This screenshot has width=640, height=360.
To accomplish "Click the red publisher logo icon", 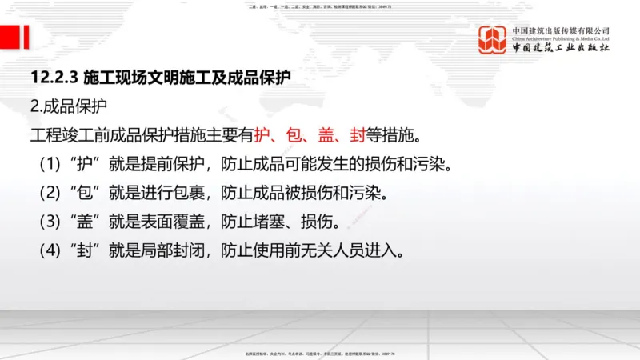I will (x=493, y=40).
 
